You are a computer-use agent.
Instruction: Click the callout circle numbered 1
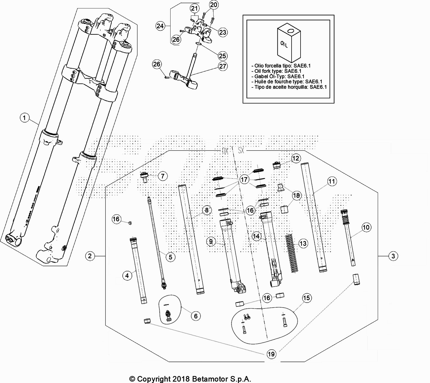click(x=25, y=118)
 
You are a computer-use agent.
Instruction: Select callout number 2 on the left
click(x=90, y=256)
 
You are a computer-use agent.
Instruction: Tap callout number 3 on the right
click(x=393, y=256)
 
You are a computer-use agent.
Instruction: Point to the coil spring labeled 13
click(x=292, y=253)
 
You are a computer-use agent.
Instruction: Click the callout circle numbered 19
click(x=271, y=354)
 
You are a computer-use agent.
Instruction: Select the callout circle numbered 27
click(x=223, y=66)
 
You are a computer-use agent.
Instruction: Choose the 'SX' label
click(x=241, y=150)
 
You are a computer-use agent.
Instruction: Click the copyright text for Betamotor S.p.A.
click(x=190, y=379)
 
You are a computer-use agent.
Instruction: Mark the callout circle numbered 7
click(x=163, y=176)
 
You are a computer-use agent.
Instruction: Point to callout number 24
click(x=160, y=26)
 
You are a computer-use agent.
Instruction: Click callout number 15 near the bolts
click(x=307, y=298)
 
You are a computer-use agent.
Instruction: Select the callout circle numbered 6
click(x=196, y=316)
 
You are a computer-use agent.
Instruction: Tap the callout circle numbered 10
click(x=366, y=227)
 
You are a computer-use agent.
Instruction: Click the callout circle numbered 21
click(x=194, y=8)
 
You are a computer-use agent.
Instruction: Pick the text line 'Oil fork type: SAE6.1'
click(x=278, y=71)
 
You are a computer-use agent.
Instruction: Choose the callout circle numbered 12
click(x=296, y=158)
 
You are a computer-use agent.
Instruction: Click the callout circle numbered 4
click(x=127, y=276)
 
